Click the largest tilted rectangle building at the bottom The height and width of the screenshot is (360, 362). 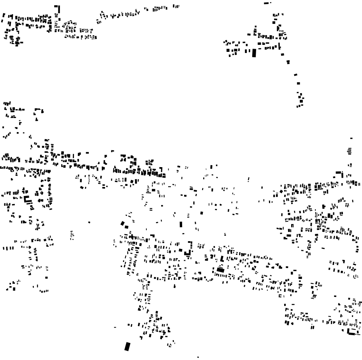pyautogui.click(x=127, y=346)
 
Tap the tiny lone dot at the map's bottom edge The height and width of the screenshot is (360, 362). pyautogui.click(x=198, y=356)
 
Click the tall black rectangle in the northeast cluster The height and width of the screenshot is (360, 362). pyautogui.click(x=254, y=53)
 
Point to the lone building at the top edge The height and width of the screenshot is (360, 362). pyautogui.click(x=267, y=3)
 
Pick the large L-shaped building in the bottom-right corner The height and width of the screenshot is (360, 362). pyautogui.click(x=352, y=332)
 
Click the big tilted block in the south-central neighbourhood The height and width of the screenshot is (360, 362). pyautogui.click(x=220, y=269)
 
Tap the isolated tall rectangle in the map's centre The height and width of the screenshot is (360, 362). pyautogui.click(x=181, y=224)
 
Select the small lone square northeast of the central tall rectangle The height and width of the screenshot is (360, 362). pyautogui.click(x=202, y=213)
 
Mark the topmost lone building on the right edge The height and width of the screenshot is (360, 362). pyautogui.click(x=351, y=138)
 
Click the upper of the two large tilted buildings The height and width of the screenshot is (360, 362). pyautogui.click(x=123, y=223)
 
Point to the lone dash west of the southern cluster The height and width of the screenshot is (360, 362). pyautogui.click(x=114, y=327)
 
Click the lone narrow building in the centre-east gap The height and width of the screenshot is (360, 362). pyautogui.click(x=248, y=180)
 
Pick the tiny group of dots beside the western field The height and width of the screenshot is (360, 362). pyautogui.click(x=72, y=235)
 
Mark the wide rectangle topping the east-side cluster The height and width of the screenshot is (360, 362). pyautogui.click(x=338, y=173)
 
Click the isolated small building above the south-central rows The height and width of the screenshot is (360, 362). pyautogui.click(x=225, y=234)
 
